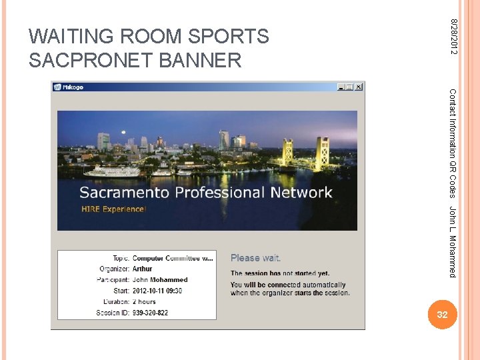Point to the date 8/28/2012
(x=453, y=37)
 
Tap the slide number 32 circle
(x=441, y=315)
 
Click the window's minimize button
(x=341, y=87)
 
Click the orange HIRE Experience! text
(x=113, y=209)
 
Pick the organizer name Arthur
(x=143, y=269)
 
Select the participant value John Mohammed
(x=160, y=280)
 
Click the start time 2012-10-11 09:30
(x=157, y=291)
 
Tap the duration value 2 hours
(x=144, y=301)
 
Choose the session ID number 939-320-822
(x=150, y=313)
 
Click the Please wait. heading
(x=255, y=258)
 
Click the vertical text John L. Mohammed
(x=453, y=241)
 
